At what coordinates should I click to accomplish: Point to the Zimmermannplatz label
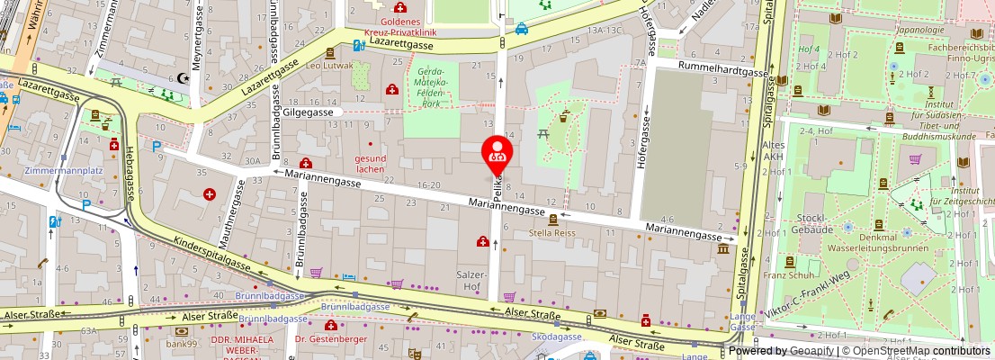pos(60,170)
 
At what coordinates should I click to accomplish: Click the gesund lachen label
pos(370,163)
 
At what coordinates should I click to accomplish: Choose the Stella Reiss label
pos(552,232)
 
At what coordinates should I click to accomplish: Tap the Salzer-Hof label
pos(472,279)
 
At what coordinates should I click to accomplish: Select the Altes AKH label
pos(748,151)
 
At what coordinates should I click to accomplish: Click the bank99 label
pos(182,343)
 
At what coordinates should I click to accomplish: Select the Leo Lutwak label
pos(328,66)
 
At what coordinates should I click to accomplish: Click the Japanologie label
pos(914,29)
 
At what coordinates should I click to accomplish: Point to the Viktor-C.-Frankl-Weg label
pos(809,298)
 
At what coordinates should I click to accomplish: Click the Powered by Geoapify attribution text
pos(782,351)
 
